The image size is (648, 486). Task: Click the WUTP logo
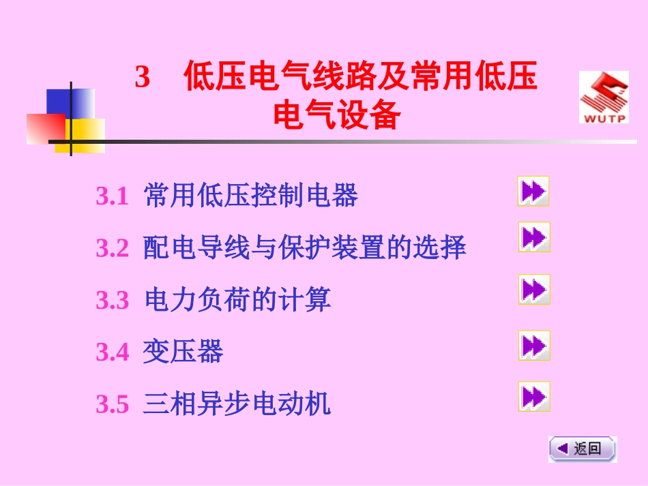604,97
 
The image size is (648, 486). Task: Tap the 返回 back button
583,449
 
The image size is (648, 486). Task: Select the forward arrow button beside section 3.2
533,237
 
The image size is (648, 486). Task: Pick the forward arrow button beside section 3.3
533,290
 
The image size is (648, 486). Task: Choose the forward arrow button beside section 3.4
533,346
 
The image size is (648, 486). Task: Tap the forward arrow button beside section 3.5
533,397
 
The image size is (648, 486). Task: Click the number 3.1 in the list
112,198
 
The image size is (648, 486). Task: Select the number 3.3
112,301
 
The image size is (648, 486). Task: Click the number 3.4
112,352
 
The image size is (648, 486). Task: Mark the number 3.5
112,405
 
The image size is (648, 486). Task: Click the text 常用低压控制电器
251,197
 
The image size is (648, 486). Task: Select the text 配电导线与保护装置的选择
305,249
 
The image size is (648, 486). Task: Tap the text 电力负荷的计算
238,300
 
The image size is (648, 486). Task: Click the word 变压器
183,352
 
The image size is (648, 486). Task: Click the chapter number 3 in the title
142,78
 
